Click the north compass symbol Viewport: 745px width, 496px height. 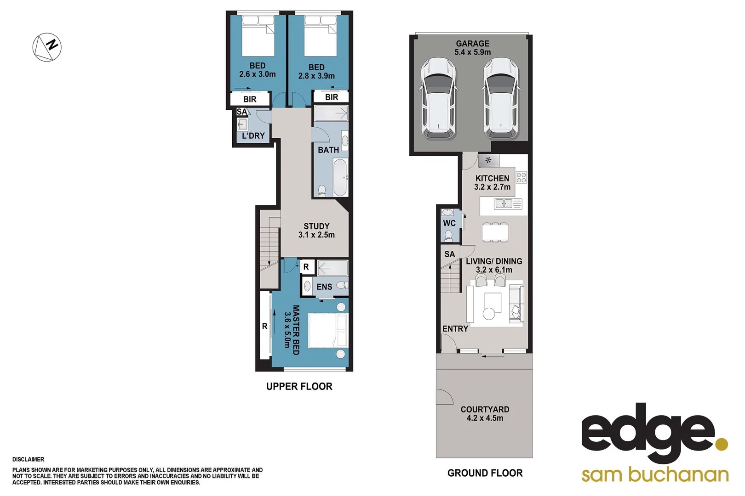pos(47,47)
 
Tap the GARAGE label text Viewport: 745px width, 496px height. pos(472,44)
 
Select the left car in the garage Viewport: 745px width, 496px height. pos(438,98)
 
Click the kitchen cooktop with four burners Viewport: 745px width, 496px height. pos(521,177)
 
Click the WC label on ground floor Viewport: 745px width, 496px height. pos(449,223)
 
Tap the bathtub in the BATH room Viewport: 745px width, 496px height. pos(340,177)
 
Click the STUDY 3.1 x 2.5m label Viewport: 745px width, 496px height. pos(316,231)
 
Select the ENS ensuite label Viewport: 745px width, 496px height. pos(324,287)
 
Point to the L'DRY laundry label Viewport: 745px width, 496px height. pos(253,136)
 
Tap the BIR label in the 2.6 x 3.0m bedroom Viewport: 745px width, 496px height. pos(250,99)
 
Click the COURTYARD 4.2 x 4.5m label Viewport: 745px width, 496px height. pos(485,413)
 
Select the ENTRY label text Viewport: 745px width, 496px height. pos(455,329)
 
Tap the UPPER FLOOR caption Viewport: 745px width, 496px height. pos(299,386)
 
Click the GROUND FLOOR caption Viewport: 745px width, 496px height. pos(485,473)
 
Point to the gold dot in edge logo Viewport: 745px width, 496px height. pos(722,444)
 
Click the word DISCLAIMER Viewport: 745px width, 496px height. pos(29,459)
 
